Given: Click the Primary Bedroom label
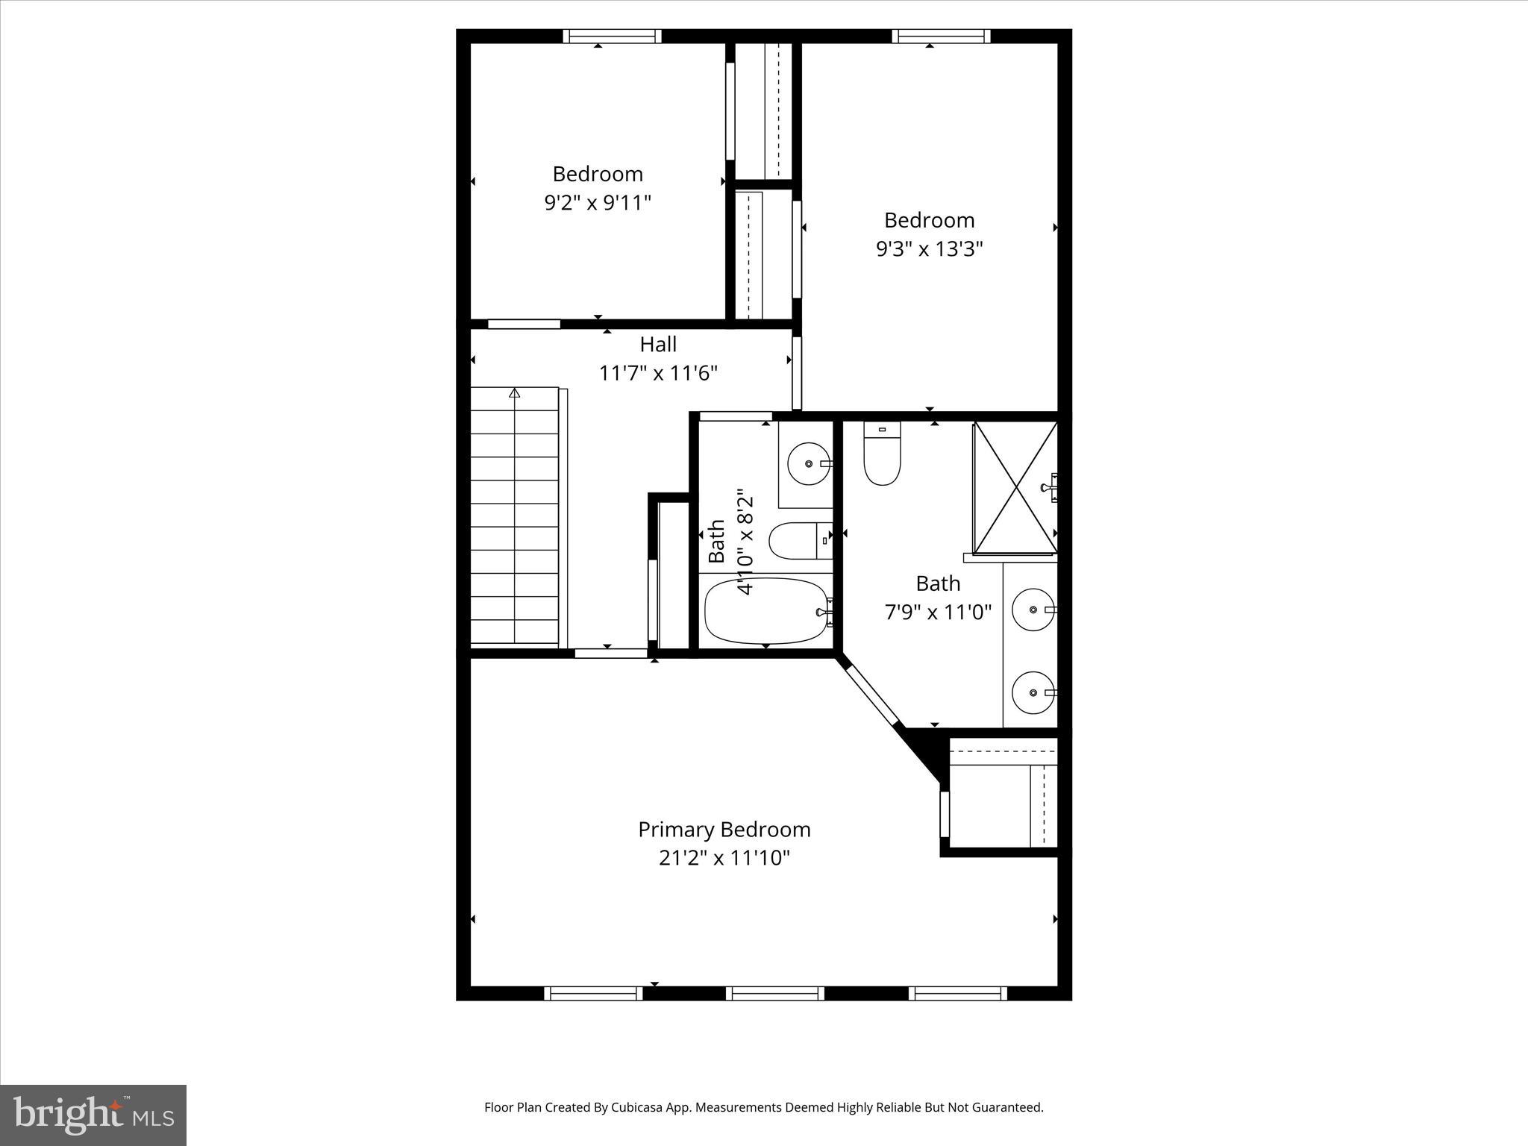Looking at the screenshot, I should tap(724, 830).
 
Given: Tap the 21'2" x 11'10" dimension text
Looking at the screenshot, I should tap(724, 858).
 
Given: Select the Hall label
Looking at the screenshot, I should tap(658, 345).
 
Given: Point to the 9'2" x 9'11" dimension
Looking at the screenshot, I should tap(598, 202).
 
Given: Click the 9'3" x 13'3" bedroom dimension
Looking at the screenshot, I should tap(929, 248).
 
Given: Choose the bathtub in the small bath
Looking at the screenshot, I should tap(766, 611).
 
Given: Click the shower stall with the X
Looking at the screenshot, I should tap(1015, 488).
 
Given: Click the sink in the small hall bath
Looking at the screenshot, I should tap(808, 463).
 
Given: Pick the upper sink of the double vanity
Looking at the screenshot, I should tap(1033, 610).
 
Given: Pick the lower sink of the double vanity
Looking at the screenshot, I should tap(1033, 692).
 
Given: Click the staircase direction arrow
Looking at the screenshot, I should tap(514, 393).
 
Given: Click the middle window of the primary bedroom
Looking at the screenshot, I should tap(775, 993).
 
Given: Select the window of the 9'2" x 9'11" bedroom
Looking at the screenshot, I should tap(612, 36).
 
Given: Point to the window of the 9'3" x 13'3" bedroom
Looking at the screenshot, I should tap(941, 36).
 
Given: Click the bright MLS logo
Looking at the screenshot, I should tap(93, 1115).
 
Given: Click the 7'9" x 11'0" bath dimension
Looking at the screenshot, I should tap(938, 613).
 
